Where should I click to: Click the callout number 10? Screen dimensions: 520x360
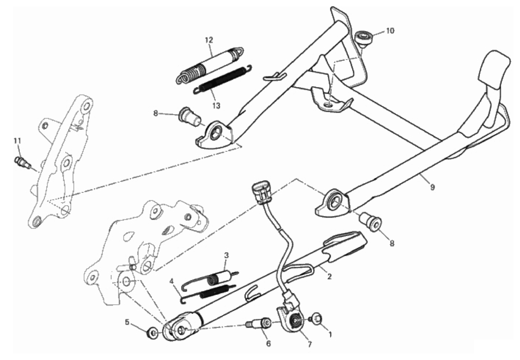(x=390, y=31)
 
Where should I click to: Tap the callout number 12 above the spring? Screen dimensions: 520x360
(x=209, y=40)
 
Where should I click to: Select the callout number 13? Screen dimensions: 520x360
(x=216, y=106)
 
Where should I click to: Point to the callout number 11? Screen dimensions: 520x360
(x=17, y=141)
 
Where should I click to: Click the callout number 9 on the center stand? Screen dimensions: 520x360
(x=432, y=187)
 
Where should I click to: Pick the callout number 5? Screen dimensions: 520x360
(x=127, y=322)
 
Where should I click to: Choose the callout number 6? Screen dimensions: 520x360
(x=268, y=344)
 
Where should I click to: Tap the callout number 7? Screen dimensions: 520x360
(x=309, y=344)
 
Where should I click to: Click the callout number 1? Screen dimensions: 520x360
(x=330, y=335)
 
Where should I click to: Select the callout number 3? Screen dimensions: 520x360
(x=226, y=255)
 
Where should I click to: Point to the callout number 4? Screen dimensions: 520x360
(x=171, y=282)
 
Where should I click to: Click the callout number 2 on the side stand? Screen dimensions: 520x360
(x=329, y=276)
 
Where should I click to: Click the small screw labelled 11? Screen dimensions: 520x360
(x=23, y=162)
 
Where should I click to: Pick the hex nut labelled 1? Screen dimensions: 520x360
(x=317, y=319)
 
